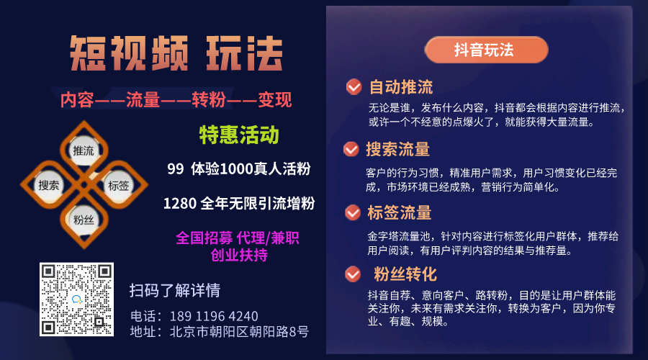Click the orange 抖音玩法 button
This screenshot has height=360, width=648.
pyautogui.click(x=487, y=50)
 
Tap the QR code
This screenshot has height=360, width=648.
pyautogui.click(x=76, y=300)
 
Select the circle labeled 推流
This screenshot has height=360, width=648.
pyautogui.click(x=84, y=150)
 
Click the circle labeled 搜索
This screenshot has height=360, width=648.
pyautogui.click(x=49, y=185)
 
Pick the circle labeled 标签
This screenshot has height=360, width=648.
pyautogui.click(x=119, y=186)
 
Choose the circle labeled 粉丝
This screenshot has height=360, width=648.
pyautogui.click(x=84, y=220)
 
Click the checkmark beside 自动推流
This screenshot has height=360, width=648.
pyautogui.click(x=354, y=87)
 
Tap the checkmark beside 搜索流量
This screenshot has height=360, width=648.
pyautogui.click(x=351, y=149)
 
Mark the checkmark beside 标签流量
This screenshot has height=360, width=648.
pyautogui.click(x=353, y=212)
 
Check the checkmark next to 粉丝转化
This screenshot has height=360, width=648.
pyautogui.click(x=353, y=274)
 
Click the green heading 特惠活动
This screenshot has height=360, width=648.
pyautogui.click(x=239, y=135)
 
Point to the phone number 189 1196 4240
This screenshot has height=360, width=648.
pyautogui.click(x=214, y=317)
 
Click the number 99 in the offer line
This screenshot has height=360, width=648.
pyautogui.click(x=176, y=168)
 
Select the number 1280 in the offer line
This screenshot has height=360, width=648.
pyautogui.click(x=179, y=203)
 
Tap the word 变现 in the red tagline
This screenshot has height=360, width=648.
pyautogui.click(x=275, y=99)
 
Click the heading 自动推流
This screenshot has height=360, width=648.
pyautogui.click(x=401, y=87)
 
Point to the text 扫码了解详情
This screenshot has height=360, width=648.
pyautogui.click(x=175, y=291)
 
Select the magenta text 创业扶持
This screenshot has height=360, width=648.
pyautogui.click(x=239, y=255)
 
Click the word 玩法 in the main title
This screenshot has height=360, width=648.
pyautogui.click(x=245, y=53)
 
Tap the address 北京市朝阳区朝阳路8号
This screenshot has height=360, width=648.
pyautogui.click(x=239, y=331)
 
